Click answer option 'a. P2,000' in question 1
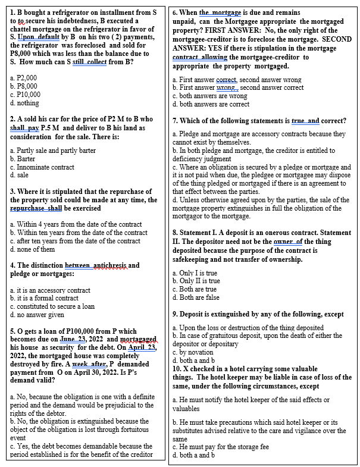point(24,78)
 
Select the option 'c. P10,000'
point(25,95)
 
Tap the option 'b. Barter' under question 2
point(23,159)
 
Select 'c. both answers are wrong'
point(209,96)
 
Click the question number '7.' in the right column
point(176,121)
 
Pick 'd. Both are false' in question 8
point(196,297)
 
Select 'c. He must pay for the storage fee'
point(220,447)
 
